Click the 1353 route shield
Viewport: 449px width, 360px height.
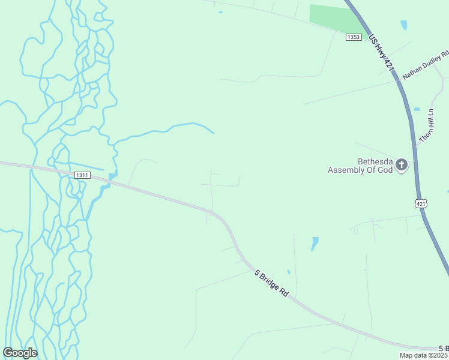pyautogui.click(x=354, y=37)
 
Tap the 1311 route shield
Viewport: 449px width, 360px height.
pyautogui.click(x=82, y=175)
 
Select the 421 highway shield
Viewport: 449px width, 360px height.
pyautogui.click(x=421, y=204)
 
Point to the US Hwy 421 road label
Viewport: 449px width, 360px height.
pyautogui.click(x=382, y=53)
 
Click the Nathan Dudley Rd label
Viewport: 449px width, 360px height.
pyautogui.click(x=426, y=65)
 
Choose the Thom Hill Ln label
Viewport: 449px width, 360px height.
pyautogui.click(x=426, y=125)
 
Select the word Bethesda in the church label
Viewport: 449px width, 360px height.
pyautogui.click(x=375, y=161)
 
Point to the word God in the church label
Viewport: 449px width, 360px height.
pyautogui.click(x=384, y=170)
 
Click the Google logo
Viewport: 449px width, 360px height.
pyautogui.click(x=20, y=353)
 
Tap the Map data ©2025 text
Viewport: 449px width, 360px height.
pyautogui.click(x=423, y=355)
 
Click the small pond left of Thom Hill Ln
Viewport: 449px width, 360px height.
pyautogui.click(x=417, y=109)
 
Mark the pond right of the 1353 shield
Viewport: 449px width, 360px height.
pyautogui.click(x=403, y=25)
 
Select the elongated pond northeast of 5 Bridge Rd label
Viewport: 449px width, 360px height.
pyautogui.click(x=315, y=244)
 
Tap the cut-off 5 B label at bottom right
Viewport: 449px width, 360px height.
pyautogui.click(x=444, y=349)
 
